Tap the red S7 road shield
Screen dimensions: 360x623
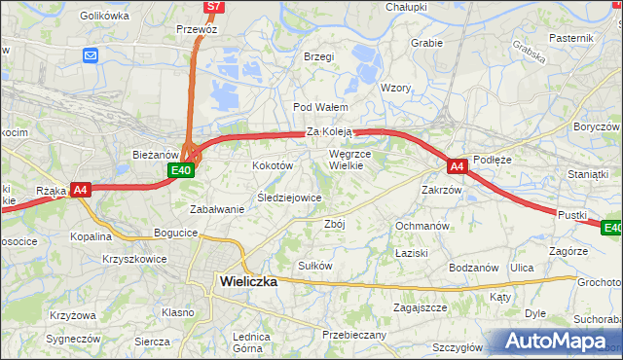214,7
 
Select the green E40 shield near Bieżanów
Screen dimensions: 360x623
180,170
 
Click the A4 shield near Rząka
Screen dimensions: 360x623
81,191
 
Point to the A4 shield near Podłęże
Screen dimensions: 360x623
458,166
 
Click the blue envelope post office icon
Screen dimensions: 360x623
91,55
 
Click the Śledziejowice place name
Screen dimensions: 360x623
289,198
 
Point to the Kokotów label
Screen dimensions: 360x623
273,166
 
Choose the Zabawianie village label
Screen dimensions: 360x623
217,209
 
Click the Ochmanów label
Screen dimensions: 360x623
421,226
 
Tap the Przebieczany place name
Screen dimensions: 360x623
353,335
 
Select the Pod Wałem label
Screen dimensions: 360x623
315,107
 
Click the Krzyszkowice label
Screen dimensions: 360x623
134,260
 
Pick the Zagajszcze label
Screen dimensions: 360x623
420,307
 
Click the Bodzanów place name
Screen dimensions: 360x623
473,268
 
